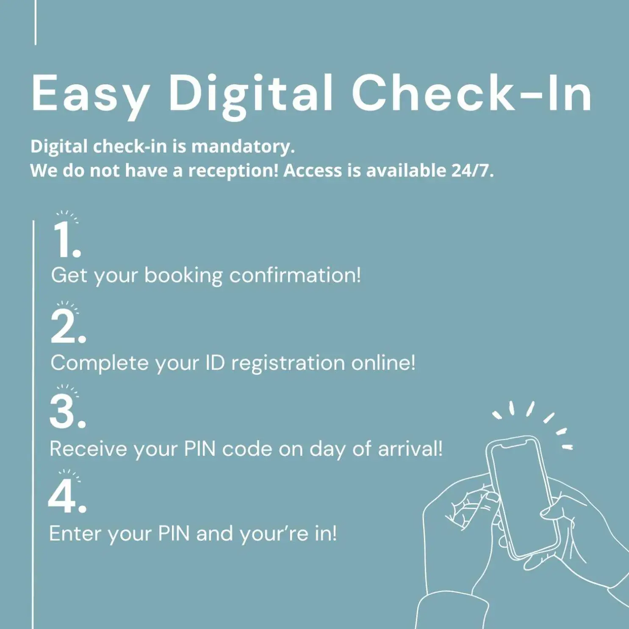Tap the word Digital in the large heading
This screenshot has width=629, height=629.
(250, 95)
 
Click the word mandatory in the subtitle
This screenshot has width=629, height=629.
(243, 147)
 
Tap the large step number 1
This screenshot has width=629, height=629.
(67, 240)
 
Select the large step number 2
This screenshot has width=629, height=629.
(68, 326)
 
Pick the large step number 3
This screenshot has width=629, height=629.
(68, 411)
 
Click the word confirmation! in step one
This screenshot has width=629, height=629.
(295, 275)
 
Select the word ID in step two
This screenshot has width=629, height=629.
(215, 363)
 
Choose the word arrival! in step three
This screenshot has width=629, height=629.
(410, 449)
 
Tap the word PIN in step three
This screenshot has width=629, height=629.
(200, 449)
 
